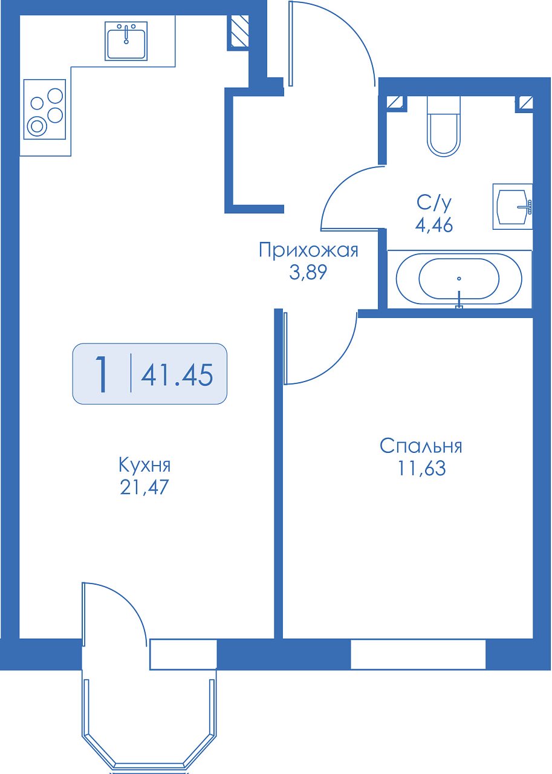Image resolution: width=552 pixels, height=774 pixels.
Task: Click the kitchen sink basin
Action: tap(126, 41)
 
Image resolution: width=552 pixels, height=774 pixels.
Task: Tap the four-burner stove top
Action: tap(45, 109)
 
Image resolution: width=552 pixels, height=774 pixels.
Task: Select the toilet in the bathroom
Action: tap(444, 126)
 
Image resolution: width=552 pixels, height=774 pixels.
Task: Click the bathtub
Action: tap(459, 279)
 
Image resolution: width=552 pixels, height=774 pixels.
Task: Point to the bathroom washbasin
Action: tap(512, 206)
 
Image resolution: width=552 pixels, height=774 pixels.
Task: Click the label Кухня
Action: tap(144, 465)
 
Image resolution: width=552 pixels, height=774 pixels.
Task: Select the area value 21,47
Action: tap(144, 487)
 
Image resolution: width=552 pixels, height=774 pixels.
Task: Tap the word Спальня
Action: tap(421, 446)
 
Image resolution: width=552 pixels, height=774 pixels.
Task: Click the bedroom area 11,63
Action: tap(421, 468)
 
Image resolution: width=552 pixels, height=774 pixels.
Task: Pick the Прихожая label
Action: tap(308, 250)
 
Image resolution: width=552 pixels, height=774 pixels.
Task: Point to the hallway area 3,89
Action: tap(308, 272)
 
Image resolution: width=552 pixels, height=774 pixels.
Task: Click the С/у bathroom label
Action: tap(434, 203)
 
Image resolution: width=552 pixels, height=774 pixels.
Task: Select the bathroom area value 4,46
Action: tap(434, 226)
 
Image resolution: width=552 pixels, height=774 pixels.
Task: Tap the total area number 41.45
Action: tap(177, 376)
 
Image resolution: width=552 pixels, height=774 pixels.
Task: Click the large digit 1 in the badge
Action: tap(102, 374)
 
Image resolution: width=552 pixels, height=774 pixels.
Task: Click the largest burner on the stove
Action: tap(37, 126)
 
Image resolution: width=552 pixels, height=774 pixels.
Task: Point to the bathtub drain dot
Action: tap(459, 279)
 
